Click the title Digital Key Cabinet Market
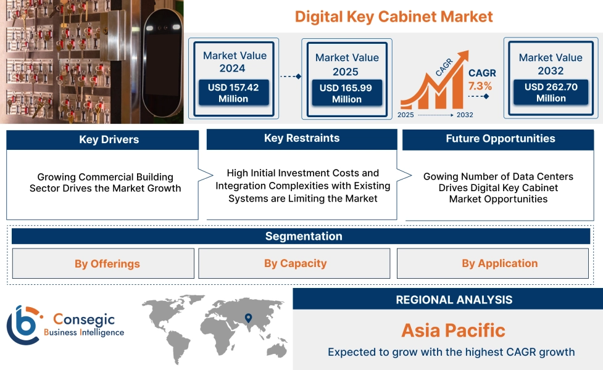(394, 17)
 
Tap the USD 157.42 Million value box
(233, 92)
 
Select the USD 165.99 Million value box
(347, 93)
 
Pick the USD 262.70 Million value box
(551, 92)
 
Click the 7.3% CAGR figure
(480, 86)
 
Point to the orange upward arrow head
(463, 56)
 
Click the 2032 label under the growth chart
(465, 115)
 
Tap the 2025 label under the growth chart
(405, 115)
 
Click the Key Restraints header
(302, 139)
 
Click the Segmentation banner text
(304, 236)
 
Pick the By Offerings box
(103, 263)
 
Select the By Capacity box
(294, 263)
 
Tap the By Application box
(493, 263)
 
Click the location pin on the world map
(249, 318)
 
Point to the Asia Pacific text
(454, 331)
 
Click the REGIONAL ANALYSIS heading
(454, 300)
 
